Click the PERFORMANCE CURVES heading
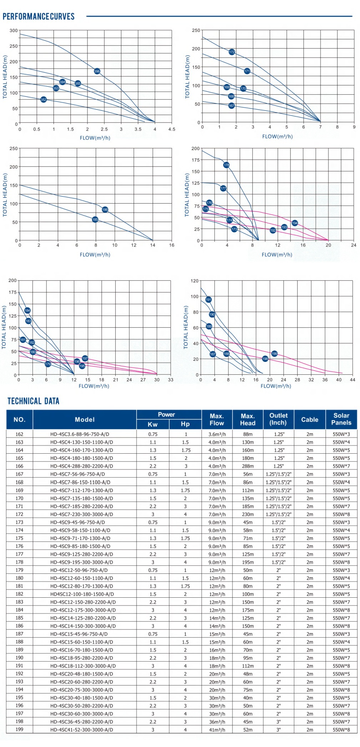39,16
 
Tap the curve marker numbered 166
97,71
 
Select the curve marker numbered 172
232,52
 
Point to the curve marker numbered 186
105,210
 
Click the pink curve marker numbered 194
295,223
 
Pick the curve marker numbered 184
27,310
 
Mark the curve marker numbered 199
274,354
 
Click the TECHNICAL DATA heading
33,401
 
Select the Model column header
85,419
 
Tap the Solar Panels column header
341,419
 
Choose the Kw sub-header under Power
152,424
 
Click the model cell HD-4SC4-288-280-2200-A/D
81,466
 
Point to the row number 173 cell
19,522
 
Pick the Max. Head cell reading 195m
247,562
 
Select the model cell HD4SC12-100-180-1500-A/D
82,594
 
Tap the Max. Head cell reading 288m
247,466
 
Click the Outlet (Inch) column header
278,419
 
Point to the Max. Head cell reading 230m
247,514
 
